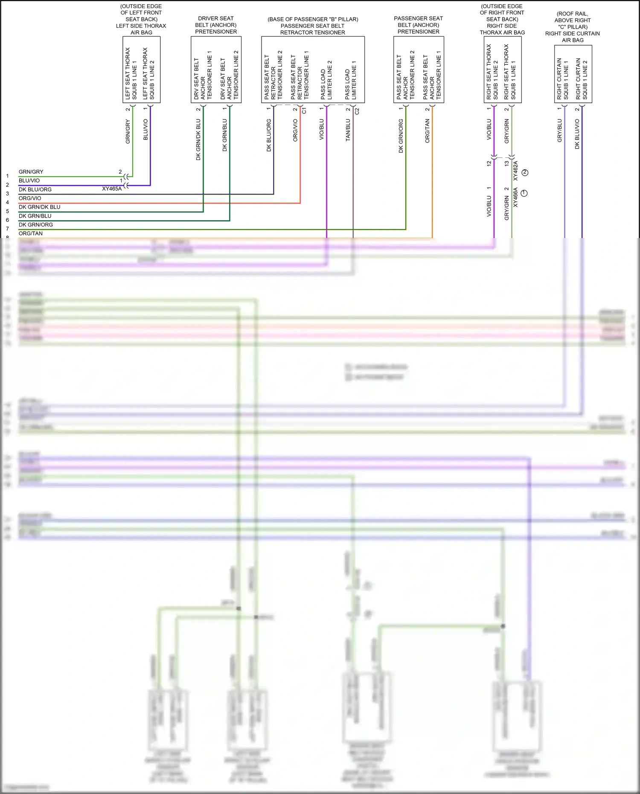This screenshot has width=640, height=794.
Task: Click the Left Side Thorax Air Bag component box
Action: pos(141,70)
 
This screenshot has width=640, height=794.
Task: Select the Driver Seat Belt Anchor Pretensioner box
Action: pos(216,70)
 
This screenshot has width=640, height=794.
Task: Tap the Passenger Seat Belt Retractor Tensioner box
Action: pos(313,70)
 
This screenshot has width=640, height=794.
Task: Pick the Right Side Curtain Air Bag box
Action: pos(573,74)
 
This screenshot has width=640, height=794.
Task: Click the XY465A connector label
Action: pos(112,189)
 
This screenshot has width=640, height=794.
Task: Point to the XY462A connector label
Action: pos(515,171)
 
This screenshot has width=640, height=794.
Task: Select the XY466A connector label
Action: pos(515,197)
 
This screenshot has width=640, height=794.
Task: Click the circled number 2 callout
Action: pos(525,172)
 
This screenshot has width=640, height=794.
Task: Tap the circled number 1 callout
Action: pos(524,193)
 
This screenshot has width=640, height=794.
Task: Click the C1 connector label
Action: pos(304,111)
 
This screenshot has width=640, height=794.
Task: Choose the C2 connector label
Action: pos(357,111)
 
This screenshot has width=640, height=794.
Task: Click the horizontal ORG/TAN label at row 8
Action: pos(31,233)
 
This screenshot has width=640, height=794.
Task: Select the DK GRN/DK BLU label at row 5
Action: pos(39,207)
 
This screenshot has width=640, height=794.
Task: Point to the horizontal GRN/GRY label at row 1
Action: pos(31,172)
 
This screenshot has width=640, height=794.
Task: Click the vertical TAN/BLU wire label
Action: pos(348,130)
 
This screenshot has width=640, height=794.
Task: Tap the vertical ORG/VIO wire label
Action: pos(295,130)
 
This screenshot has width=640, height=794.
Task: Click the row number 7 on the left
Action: pos(7,229)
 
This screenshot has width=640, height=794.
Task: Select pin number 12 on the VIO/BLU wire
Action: pos(489,163)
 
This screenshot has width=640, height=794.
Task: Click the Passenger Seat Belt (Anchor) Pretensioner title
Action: pos(418,25)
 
